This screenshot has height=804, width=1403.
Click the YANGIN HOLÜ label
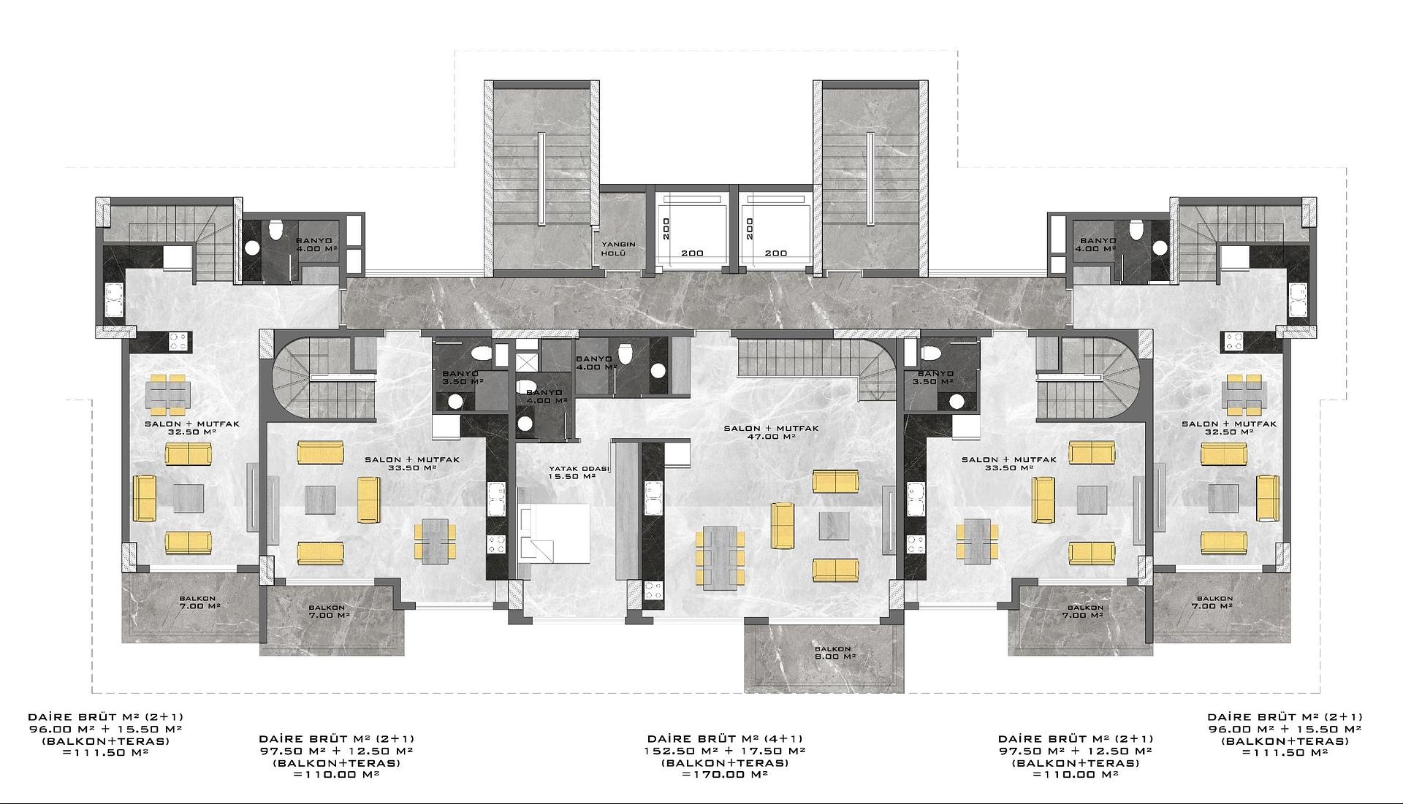click(x=617, y=249)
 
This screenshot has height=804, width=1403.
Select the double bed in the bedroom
click(x=554, y=533)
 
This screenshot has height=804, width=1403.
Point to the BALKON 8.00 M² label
click(x=833, y=652)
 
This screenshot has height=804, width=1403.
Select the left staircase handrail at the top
click(x=541, y=178)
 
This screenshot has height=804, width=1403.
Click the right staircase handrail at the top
click(x=870, y=178)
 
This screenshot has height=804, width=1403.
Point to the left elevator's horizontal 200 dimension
click(x=692, y=253)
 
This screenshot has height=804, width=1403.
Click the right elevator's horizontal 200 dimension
click(x=776, y=253)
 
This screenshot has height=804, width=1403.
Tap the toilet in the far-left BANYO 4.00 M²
click(x=275, y=230)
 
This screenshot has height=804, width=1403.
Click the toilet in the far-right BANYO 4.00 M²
click(x=1136, y=230)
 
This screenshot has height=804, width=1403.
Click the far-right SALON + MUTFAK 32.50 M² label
click(x=1229, y=427)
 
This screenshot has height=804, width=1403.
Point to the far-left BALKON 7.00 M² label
click(x=197, y=602)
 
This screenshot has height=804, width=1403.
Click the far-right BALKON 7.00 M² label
click(x=1214, y=602)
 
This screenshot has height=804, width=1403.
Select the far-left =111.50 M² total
click(x=105, y=753)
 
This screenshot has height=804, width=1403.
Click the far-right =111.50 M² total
click(x=1285, y=753)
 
